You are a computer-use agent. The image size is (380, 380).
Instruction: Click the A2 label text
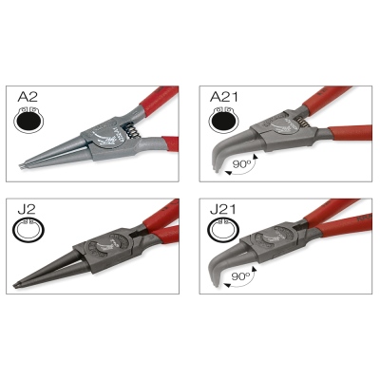[x=28, y=96]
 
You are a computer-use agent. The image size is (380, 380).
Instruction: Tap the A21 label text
[x=224, y=97]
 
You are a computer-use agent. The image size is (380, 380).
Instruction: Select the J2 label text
[x=27, y=209]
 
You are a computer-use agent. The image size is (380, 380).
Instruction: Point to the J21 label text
[x=223, y=209]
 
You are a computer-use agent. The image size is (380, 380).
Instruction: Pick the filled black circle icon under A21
[x=224, y=121]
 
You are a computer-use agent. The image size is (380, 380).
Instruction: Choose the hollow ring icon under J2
[x=28, y=230]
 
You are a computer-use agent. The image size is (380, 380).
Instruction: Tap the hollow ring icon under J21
[x=223, y=230]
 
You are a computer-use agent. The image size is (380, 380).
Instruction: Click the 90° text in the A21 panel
[x=241, y=164]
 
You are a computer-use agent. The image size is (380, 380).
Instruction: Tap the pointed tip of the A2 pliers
[x=21, y=166]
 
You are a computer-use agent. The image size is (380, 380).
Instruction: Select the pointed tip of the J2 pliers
[x=16, y=285]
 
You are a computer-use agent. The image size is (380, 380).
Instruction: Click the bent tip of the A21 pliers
[x=217, y=170]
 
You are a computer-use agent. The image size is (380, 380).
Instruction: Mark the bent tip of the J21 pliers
[x=216, y=284]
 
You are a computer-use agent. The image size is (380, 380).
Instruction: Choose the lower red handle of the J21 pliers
[x=344, y=227]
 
